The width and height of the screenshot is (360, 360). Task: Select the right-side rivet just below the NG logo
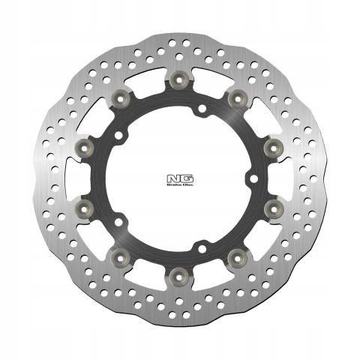[273, 205]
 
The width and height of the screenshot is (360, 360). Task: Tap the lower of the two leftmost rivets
[85, 205]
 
